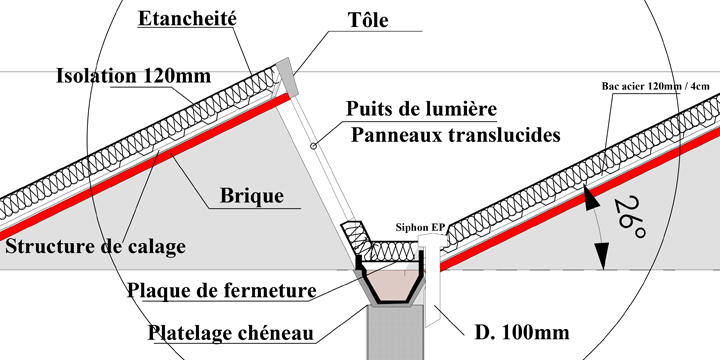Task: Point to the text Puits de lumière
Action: tap(421, 107)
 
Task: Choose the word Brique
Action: tap(251, 197)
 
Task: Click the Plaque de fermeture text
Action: tap(222, 291)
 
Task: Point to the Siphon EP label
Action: tap(420, 229)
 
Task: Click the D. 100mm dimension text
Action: tap(510, 331)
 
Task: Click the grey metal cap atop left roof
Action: tap(286, 69)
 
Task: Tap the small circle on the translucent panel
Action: tap(314, 147)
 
